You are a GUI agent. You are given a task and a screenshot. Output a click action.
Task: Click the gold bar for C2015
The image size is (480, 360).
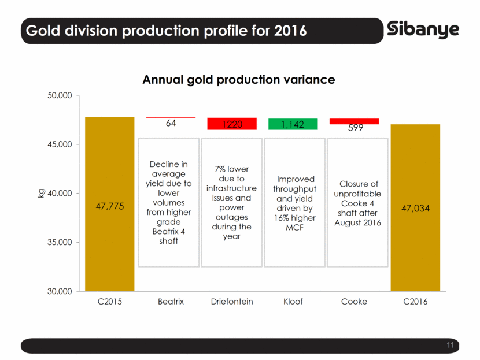110,243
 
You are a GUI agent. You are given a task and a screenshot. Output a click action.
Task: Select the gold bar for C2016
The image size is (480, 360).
415,248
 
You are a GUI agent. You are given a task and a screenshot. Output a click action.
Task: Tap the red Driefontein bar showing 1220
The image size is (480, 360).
232,124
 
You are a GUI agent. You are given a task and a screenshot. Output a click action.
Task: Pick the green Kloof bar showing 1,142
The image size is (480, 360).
293,124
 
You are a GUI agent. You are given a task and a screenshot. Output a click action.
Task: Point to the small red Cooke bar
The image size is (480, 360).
354,121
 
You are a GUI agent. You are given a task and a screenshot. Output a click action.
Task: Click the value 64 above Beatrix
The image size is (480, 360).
171,123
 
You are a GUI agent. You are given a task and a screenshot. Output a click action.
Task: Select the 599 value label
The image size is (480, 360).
355,128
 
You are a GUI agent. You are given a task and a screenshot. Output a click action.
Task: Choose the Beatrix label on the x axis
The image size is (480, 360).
171,302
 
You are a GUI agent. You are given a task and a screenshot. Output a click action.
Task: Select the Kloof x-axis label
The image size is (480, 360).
293,302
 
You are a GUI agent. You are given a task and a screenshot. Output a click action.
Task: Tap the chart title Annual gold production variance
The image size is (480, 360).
239,80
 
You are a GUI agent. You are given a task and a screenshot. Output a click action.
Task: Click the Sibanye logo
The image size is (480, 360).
423,29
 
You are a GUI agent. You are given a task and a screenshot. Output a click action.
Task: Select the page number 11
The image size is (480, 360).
451,345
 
